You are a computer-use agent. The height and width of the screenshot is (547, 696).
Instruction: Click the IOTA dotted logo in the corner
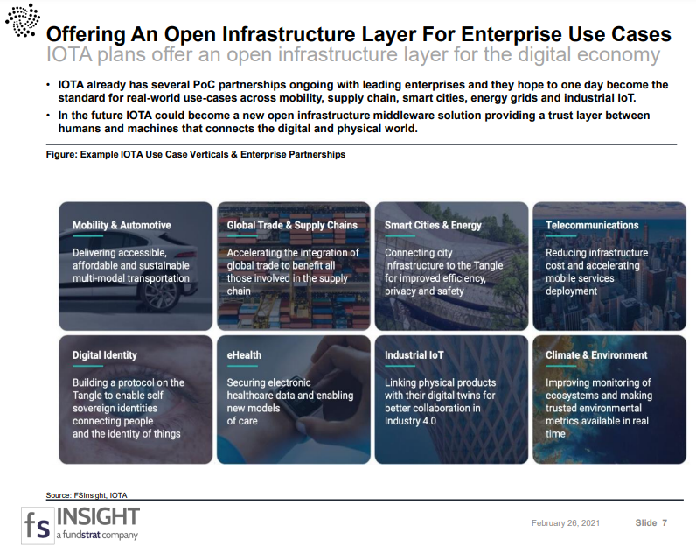[x=23, y=20]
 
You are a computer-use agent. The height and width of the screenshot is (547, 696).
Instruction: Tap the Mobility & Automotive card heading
[x=122, y=225]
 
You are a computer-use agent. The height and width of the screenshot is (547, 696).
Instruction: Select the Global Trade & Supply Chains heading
[x=292, y=225]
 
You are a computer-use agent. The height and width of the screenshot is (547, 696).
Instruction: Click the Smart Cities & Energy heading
[x=433, y=225]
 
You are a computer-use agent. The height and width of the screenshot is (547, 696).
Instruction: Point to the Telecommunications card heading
[x=592, y=225]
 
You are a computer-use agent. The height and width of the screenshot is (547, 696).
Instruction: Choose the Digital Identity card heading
[x=105, y=355]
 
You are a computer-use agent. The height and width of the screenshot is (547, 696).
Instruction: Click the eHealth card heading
[x=244, y=355]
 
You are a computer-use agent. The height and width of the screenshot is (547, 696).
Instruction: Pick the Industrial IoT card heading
[x=414, y=355]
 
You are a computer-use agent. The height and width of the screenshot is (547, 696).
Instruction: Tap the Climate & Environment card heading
[x=596, y=355]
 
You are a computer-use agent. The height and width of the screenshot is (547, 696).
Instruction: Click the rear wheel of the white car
[x=161, y=298]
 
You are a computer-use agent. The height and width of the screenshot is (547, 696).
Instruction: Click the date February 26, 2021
[x=566, y=523]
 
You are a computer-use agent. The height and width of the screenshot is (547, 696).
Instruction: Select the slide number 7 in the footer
[x=665, y=523]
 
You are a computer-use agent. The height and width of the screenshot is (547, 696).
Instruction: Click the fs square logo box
[x=38, y=525]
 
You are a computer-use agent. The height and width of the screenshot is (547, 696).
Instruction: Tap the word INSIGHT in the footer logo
[x=98, y=516]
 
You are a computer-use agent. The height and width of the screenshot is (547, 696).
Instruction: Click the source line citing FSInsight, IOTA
[x=86, y=495]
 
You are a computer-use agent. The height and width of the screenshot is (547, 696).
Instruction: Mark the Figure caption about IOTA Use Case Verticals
[x=195, y=155]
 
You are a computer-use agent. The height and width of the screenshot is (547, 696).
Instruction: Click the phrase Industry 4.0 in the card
[x=410, y=421]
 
